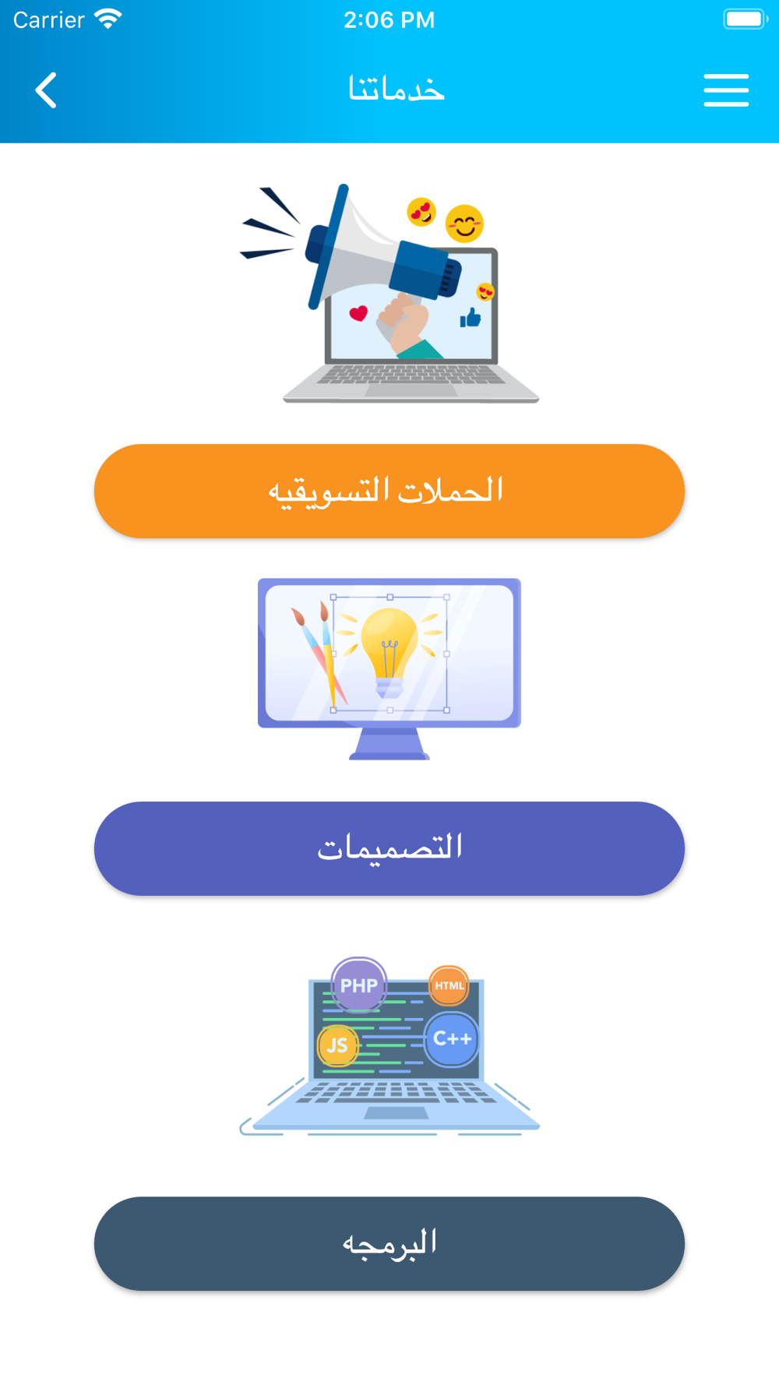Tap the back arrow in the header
point(46,90)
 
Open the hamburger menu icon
point(726,90)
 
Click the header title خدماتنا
point(397,90)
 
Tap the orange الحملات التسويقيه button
point(389,492)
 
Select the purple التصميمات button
point(389,848)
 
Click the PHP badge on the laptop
point(359,985)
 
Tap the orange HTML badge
point(449,985)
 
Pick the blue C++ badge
point(452,1039)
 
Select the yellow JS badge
point(337,1045)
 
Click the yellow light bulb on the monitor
point(389,651)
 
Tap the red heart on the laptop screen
point(358,313)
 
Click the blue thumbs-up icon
point(470,318)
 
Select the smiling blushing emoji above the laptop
point(464,224)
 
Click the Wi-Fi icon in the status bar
point(108,19)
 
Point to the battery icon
point(746,19)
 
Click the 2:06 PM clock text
point(389,19)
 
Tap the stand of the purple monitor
point(389,744)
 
